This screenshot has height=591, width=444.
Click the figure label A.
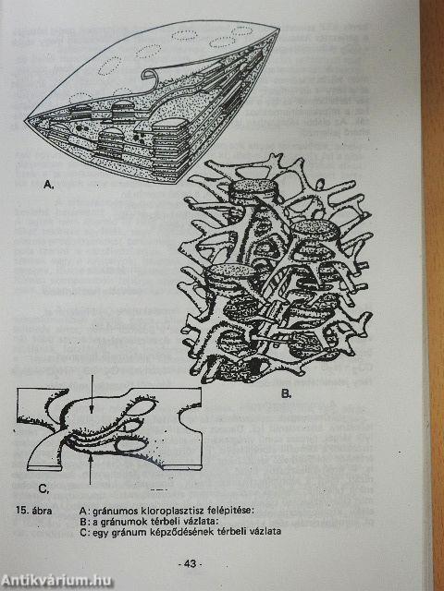(47, 185)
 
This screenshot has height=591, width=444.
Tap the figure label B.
(286, 394)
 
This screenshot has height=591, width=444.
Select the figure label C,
(43, 488)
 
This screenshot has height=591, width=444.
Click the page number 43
(190, 564)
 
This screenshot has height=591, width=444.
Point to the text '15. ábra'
(34, 511)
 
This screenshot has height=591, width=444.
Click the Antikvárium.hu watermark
(55, 580)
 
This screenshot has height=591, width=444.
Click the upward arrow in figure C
(90, 465)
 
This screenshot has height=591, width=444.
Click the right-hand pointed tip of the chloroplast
(279, 30)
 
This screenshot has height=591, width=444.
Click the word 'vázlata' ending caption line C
(265, 532)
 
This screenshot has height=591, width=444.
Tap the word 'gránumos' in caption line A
(109, 512)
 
